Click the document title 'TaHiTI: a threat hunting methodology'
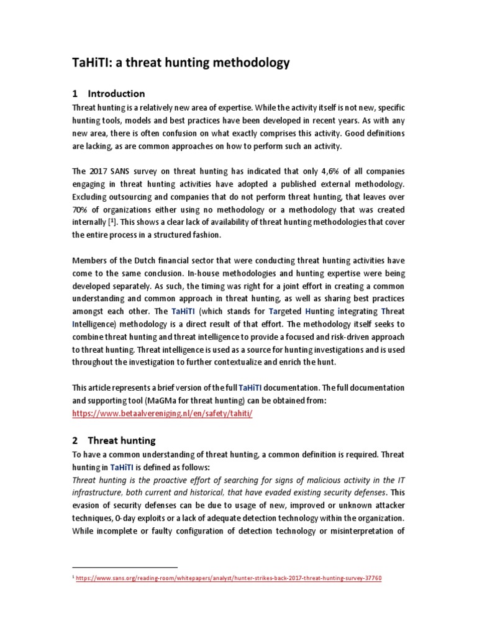pos(181,63)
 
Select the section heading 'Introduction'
pos(116,94)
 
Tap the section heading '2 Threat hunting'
pos(114,440)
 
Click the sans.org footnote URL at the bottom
pos(229,578)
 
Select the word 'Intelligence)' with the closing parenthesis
pos(97,324)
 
